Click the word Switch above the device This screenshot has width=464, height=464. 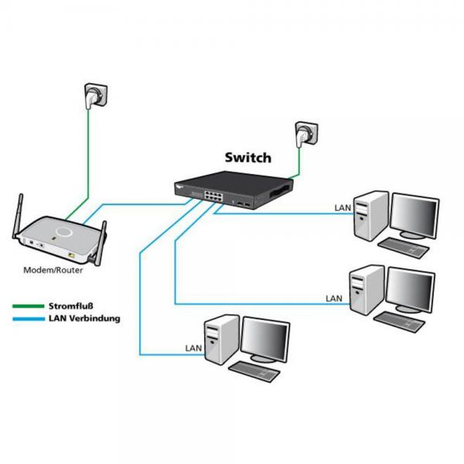coord(247,158)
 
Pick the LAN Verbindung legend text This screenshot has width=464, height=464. coord(84,318)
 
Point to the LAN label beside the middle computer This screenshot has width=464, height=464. coord(334,298)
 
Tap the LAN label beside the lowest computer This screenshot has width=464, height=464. coord(194,349)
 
